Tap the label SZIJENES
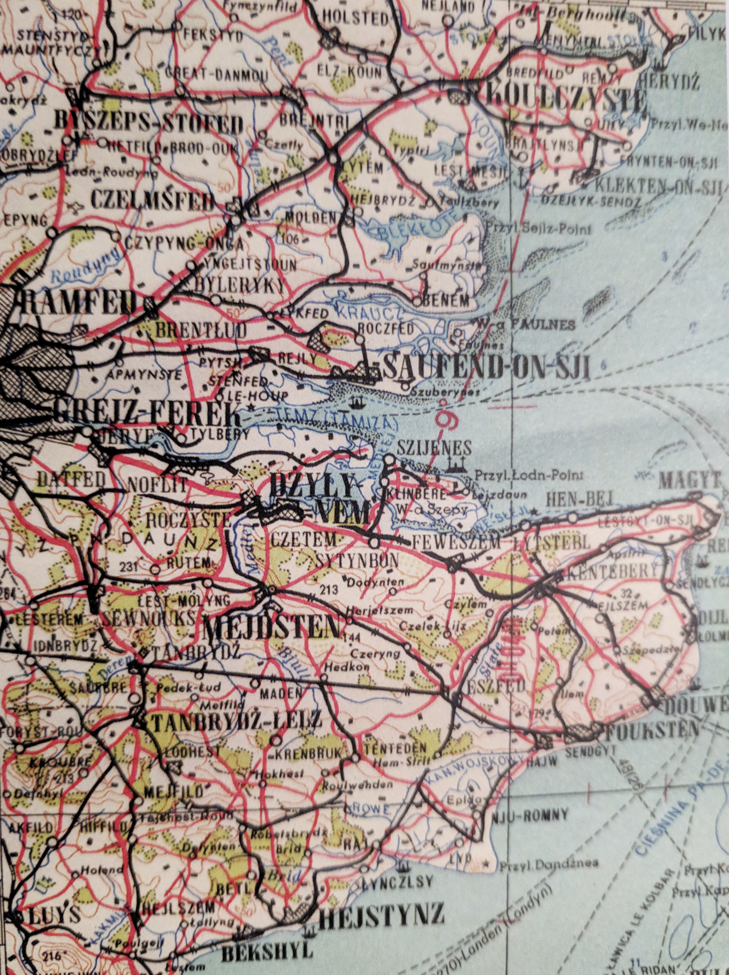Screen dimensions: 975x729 [x=434, y=448]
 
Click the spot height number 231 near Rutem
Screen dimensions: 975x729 [x=129, y=567]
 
